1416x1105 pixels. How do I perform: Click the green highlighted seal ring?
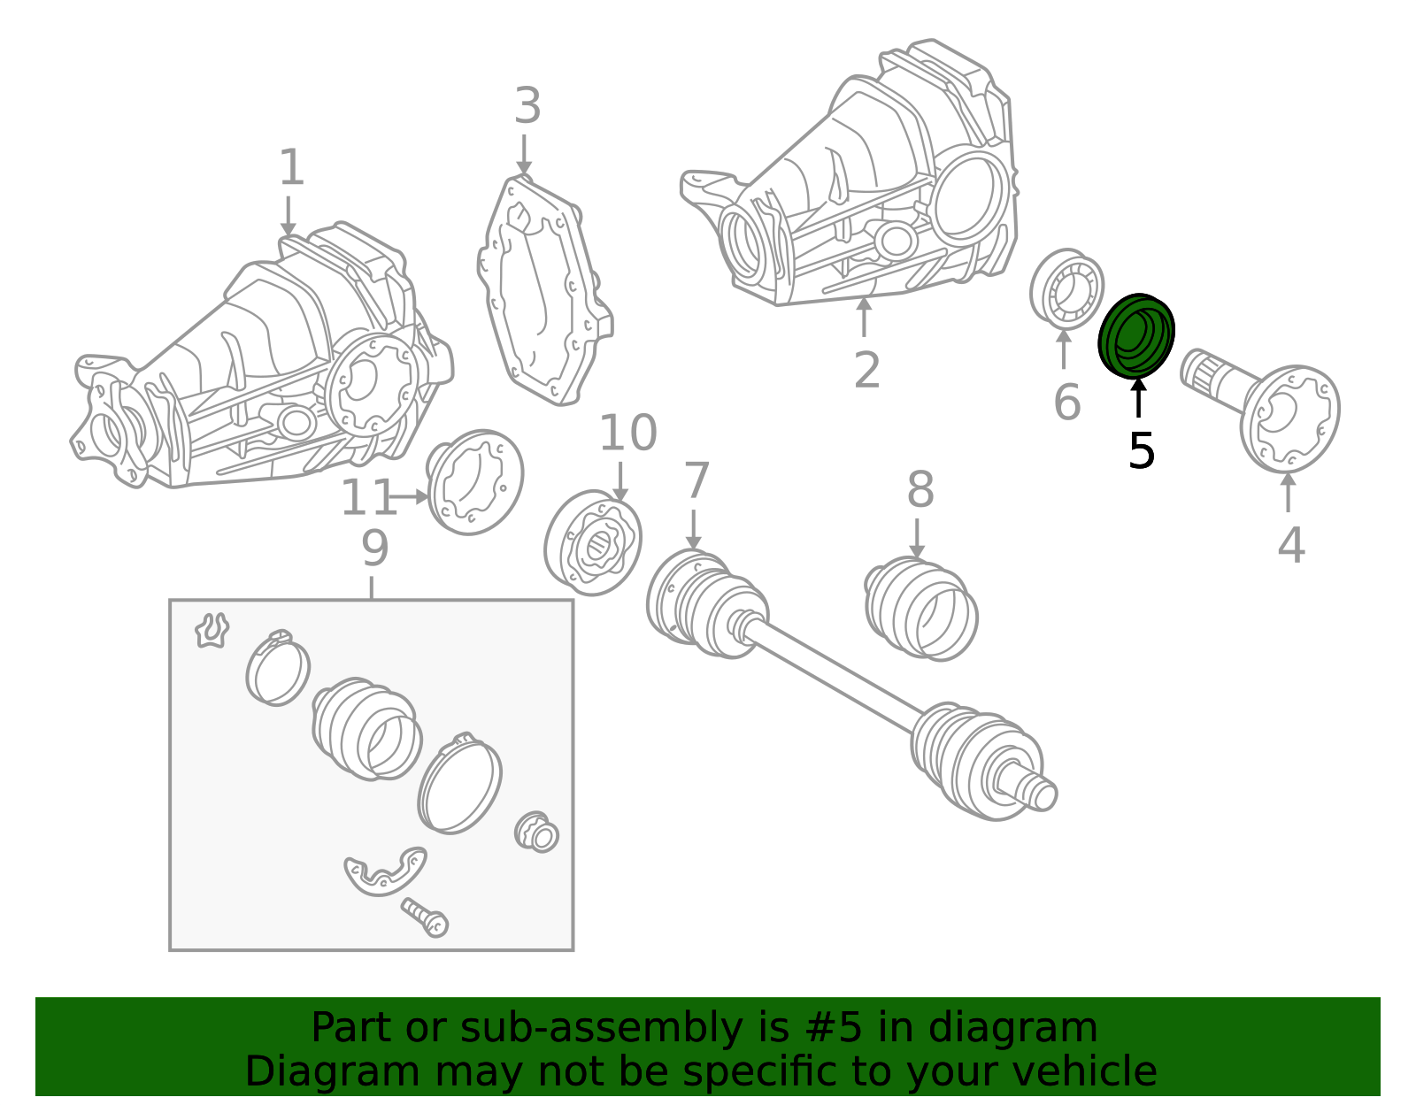[1135, 335]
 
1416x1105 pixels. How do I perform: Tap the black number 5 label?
[1141, 450]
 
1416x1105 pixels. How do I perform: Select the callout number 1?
[291, 166]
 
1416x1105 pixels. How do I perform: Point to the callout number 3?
[527, 105]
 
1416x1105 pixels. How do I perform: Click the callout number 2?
[866, 370]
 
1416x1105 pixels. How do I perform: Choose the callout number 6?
[1066, 401]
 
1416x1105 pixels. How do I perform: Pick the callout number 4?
[1291, 544]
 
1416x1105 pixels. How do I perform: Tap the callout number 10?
[627, 433]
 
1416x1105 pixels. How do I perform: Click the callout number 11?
[367, 497]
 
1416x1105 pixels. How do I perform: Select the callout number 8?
[920, 488]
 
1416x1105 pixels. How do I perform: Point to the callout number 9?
[374, 549]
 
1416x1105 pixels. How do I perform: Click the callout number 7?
[696, 480]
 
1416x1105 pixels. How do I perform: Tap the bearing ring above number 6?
[1066, 288]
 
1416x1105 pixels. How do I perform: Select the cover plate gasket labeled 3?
[545, 290]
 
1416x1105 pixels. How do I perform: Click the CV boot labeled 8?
[920, 608]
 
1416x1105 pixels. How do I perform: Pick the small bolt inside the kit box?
[424, 917]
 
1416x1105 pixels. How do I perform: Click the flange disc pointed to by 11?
[474, 482]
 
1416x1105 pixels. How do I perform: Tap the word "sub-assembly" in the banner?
[601, 1028]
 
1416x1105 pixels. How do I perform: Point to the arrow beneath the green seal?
[1138, 397]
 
